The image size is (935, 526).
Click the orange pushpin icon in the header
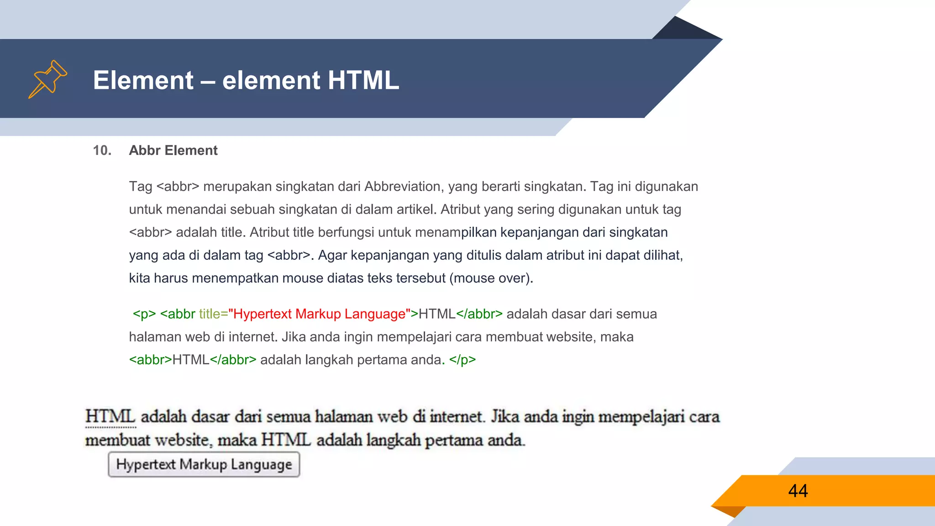pos(47,79)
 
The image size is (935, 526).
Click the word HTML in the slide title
pos(363,80)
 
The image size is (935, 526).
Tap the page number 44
pos(798,491)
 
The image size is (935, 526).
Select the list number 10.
pos(102,150)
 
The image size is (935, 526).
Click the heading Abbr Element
pos(173,150)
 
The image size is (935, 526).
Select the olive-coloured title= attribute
pos(213,314)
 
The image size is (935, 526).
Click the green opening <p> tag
pos(144,314)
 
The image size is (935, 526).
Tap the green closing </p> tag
pos(462,360)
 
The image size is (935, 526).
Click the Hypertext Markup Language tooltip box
pos(204,464)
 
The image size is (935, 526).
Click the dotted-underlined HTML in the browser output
pos(110,416)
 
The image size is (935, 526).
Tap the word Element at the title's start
pos(143,80)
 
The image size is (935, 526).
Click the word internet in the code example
pos(252,337)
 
